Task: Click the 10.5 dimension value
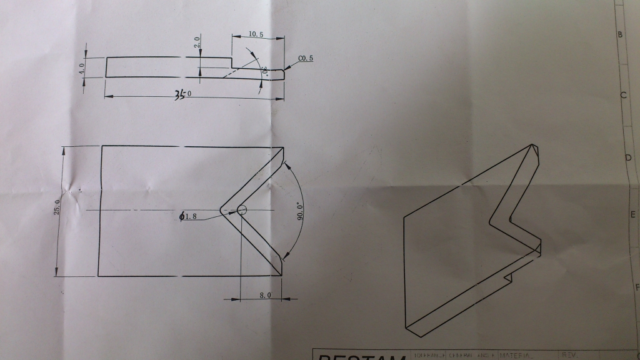(256, 33)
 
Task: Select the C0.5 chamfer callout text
(306, 59)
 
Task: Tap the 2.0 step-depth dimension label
(196, 44)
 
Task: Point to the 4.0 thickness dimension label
(81, 67)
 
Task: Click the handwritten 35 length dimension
(182, 94)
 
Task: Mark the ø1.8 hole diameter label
(189, 217)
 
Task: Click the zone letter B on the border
(620, 35)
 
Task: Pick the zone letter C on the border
(623, 95)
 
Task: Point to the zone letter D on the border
(627, 157)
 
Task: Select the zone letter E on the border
(632, 215)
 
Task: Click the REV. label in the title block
(570, 355)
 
